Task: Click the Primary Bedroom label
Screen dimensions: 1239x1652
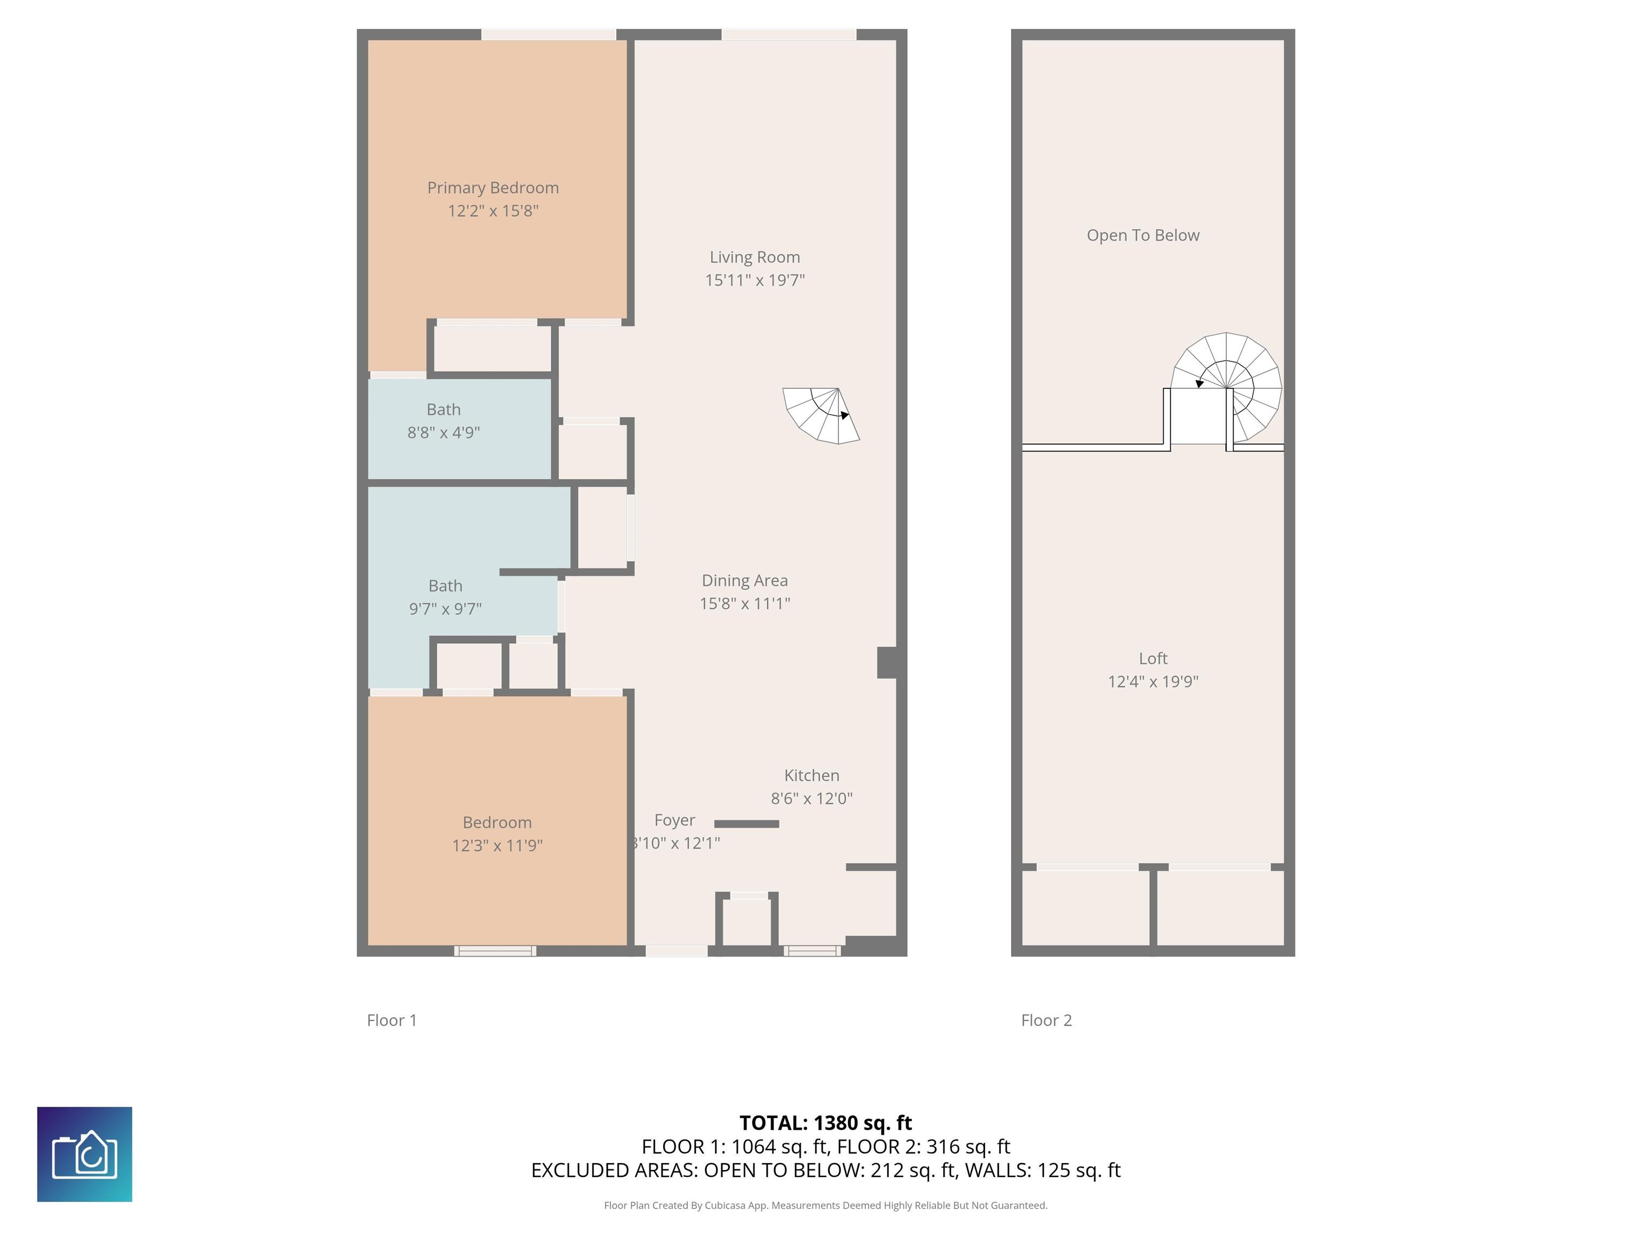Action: click(493, 188)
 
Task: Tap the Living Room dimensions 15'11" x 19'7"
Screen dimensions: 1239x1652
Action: click(754, 280)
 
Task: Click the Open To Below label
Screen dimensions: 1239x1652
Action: click(1143, 235)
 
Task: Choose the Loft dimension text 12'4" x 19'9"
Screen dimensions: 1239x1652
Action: click(1152, 681)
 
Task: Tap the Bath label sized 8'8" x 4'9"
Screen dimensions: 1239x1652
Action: click(443, 409)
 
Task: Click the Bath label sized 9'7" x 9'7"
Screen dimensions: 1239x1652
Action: click(445, 586)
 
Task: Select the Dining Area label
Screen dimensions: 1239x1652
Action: click(745, 580)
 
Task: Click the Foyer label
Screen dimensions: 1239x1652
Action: click(674, 820)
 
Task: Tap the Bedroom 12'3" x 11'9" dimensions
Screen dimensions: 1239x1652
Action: click(497, 845)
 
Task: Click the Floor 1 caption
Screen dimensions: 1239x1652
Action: click(391, 1020)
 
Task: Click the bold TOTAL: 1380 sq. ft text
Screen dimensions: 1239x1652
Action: click(825, 1122)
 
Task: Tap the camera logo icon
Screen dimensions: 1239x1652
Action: click(84, 1154)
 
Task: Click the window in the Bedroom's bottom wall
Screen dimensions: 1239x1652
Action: click(495, 951)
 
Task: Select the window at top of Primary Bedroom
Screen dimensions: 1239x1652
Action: click(548, 34)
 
